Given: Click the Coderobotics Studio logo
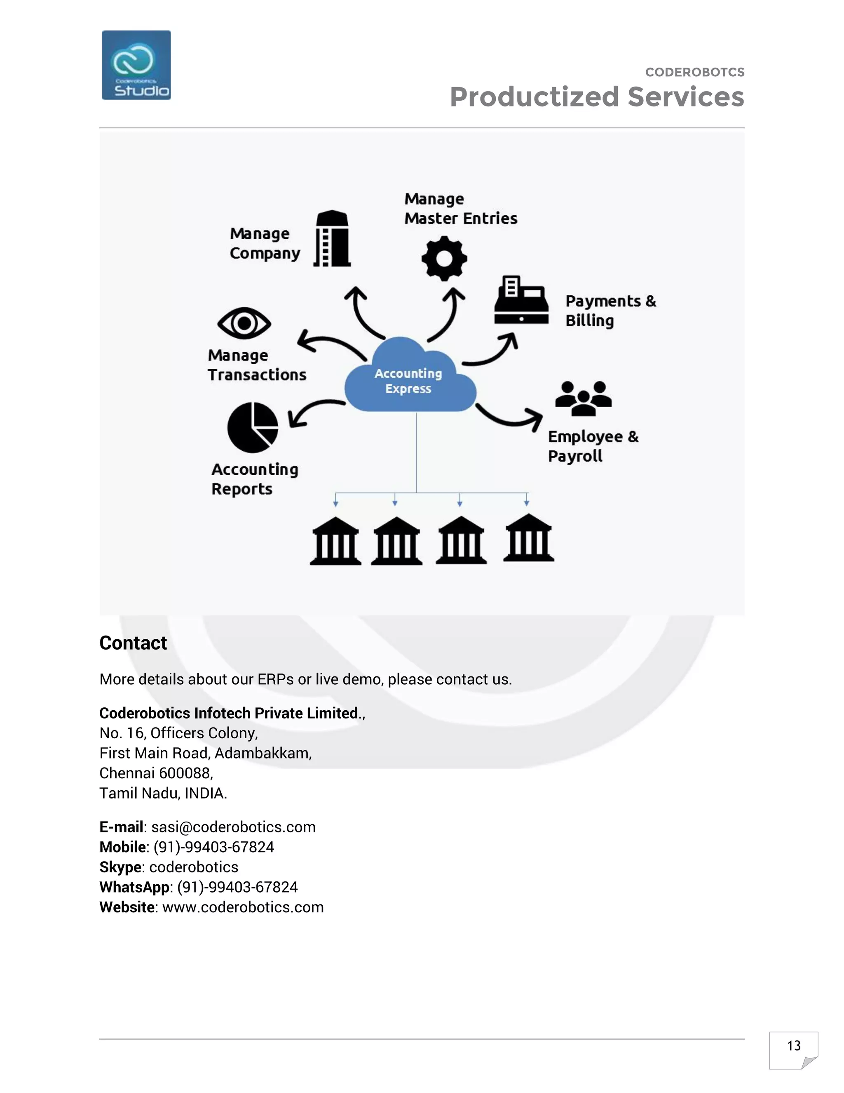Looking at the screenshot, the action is [x=136, y=65].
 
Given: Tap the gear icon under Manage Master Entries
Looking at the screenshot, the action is [x=444, y=258].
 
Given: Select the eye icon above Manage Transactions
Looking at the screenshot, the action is [x=244, y=323].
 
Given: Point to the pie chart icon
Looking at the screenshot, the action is [x=253, y=427].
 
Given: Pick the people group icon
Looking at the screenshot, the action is [x=583, y=398].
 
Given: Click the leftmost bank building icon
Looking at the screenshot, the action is [x=335, y=541].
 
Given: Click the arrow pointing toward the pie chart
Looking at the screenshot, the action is [x=314, y=410].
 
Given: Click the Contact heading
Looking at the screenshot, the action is [x=133, y=643].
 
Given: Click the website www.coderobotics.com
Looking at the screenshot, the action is [x=243, y=907].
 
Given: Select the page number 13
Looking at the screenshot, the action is [x=793, y=1046].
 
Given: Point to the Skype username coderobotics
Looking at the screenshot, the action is [x=194, y=867].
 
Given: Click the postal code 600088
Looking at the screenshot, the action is [x=185, y=773].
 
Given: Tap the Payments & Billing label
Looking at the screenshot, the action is [x=610, y=311].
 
